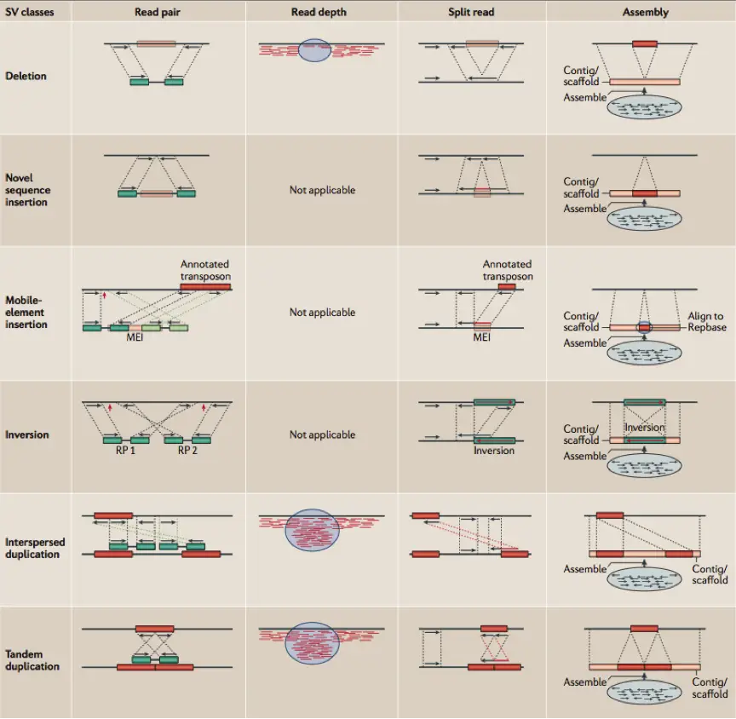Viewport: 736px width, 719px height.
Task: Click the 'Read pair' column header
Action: pyautogui.click(x=158, y=12)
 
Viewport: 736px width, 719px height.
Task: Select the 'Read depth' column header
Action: pyautogui.click(x=319, y=12)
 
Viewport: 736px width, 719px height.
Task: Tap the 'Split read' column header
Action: pyautogui.click(x=471, y=12)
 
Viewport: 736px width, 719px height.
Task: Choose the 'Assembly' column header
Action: pyautogui.click(x=646, y=12)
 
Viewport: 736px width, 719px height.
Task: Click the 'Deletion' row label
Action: pyautogui.click(x=26, y=76)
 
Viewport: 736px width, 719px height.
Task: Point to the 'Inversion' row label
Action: pyautogui.click(x=26, y=434)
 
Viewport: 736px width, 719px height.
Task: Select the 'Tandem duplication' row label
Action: pyautogui.click(x=32, y=660)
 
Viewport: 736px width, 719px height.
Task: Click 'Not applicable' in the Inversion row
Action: pyautogui.click(x=323, y=434)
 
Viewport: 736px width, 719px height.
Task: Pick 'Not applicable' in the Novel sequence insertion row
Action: pyautogui.click(x=323, y=190)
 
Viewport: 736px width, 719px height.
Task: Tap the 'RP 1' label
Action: pyautogui.click(x=125, y=451)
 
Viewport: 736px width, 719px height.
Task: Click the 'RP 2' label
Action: pyautogui.click(x=187, y=451)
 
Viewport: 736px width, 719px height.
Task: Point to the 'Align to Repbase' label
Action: pyautogui.click(x=707, y=321)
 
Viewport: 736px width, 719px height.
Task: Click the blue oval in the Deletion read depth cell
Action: pyautogui.click(x=314, y=50)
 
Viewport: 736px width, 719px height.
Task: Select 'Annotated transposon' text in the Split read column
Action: pyautogui.click(x=508, y=270)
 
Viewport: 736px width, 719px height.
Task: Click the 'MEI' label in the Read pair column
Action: pyautogui.click(x=135, y=337)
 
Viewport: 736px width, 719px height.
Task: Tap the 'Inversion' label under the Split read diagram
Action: pyautogui.click(x=494, y=451)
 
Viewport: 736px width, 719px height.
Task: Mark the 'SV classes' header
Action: pyautogui.click(x=30, y=12)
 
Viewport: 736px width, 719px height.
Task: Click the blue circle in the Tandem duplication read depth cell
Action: pyautogui.click(x=312, y=643)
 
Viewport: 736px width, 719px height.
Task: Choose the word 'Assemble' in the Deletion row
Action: pyautogui.click(x=585, y=98)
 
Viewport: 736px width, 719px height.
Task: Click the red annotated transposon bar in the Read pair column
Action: pyautogui.click(x=205, y=287)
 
